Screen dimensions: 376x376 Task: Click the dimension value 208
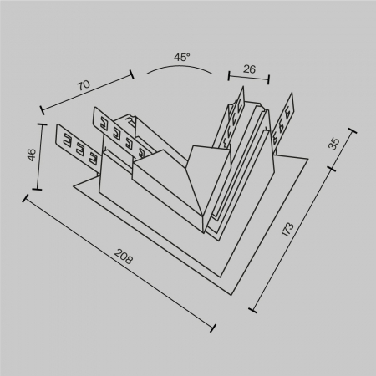[123, 254]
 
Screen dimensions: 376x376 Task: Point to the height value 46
[31, 155]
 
